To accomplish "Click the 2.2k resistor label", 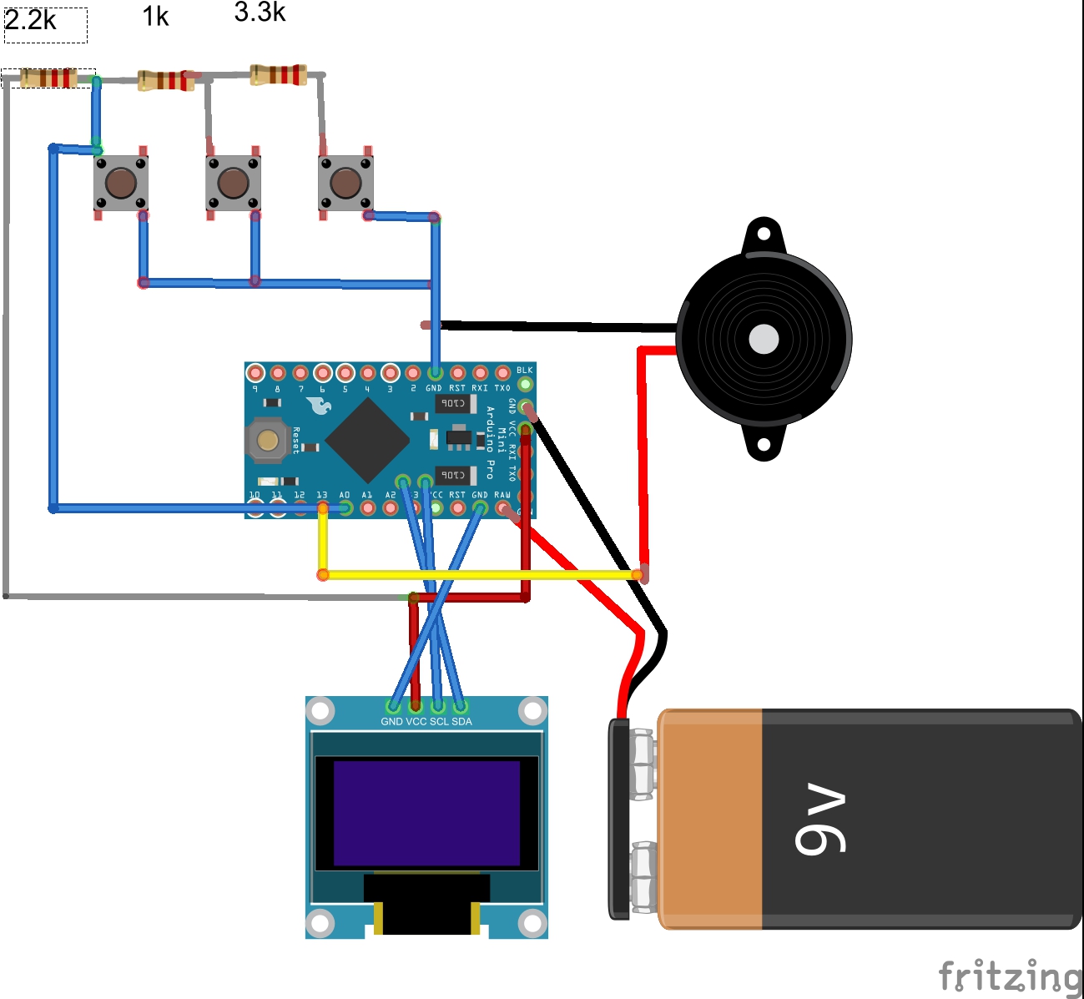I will coord(31,20).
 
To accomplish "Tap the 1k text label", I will coord(155,17).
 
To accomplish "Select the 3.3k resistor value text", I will coord(260,12).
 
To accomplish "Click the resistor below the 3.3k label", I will coord(279,75).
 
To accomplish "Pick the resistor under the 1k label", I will coord(165,80).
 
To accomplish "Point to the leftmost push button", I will coord(121,183).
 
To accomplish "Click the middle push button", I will coord(233,183).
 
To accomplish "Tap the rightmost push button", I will coord(345,183).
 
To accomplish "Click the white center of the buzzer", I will coord(764,340).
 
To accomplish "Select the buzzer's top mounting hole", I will coord(763,234).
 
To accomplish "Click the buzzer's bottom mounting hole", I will coord(763,445).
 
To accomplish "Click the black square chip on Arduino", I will coord(367,439).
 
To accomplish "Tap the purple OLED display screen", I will coord(426,813).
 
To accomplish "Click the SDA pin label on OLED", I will coord(462,722).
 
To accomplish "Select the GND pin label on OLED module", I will coord(391,722).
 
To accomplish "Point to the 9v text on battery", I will coord(821,819).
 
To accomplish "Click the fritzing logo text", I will coord(1009,976).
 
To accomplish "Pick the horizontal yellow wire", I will coord(480,574).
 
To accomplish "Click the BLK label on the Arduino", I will coord(524,371).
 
